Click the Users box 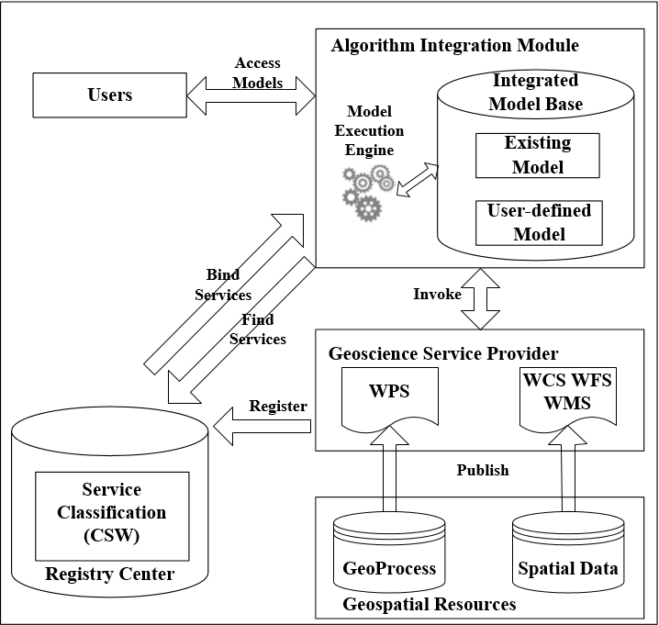pos(110,95)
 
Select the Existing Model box pos(538,155)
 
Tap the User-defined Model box pos(539,223)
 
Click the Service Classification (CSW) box pos(112,516)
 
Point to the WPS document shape pos(389,397)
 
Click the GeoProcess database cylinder pos(389,552)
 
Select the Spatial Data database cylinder pos(568,552)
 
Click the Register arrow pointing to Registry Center pos(262,426)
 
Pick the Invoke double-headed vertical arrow pos(480,299)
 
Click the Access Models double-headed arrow pos(251,95)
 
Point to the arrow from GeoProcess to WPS pos(389,469)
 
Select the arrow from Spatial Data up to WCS pos(568,469)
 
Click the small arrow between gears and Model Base pos(418,180)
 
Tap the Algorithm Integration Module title pos(454,45)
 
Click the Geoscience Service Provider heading pos(443,353)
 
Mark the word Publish pos(483,470)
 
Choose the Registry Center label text pos(110,574)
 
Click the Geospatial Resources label pos(430,605)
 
